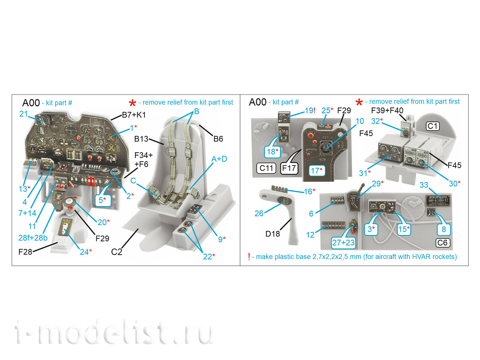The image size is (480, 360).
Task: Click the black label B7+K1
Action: [x=134, y=115]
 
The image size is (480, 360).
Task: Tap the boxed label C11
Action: [x=266, y=168]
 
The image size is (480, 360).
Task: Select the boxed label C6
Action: [x=442, y=243]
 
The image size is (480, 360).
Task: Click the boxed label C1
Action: [x=433, y=126]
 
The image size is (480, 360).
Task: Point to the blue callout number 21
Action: [x=24, y=114]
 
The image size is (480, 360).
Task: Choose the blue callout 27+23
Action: [x=343, y=242]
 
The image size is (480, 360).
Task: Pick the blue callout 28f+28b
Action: [x=33, y=238]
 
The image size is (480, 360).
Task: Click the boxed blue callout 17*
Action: [x=317, y=171]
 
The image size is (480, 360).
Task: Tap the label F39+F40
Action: [x=387, y=111]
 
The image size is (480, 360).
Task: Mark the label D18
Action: [x=272, y=234]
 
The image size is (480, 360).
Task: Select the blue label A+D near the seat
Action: [x=219, y=159]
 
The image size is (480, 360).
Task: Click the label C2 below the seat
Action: [x=117, y=252]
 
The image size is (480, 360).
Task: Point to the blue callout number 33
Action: [x=424, y=185]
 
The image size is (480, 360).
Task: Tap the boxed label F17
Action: [x=289, y=168]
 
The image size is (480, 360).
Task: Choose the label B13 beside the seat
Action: [x=141, y=139]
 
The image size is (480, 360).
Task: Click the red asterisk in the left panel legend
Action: [x=132, y=103]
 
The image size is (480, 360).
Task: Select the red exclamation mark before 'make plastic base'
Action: [x=249, y=257]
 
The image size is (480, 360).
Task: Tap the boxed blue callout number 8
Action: [x=443, y=229]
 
